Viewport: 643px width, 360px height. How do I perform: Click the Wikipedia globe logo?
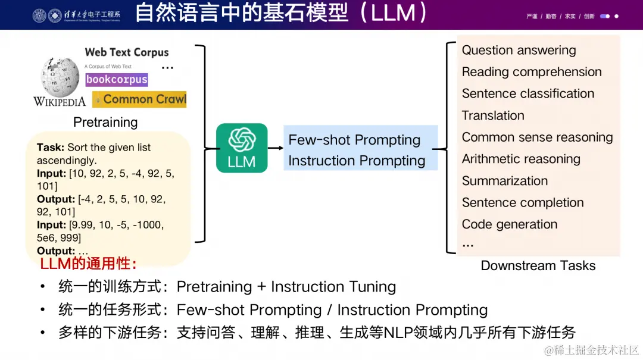[60, 78]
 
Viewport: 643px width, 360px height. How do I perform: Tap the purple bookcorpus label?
[117, 79]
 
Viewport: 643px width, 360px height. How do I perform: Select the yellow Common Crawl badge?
[140, 99]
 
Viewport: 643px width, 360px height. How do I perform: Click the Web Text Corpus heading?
[127, 52]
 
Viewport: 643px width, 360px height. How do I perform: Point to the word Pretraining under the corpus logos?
[105, 122]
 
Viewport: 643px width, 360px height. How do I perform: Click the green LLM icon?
[242, 148]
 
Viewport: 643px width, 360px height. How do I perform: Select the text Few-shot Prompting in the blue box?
[354, 140]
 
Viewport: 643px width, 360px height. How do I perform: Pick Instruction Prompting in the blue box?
[357, 161]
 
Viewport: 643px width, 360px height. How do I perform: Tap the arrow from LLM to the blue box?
[274, 148]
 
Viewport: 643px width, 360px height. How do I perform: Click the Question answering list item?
[519, 50]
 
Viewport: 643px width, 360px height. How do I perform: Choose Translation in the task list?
[493, 115]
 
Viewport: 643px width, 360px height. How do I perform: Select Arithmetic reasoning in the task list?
[521, 159]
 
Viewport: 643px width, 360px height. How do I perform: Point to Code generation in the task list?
[510, 224]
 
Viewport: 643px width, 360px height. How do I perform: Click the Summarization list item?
[504, 181]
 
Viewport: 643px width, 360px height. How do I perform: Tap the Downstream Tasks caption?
[538, 266]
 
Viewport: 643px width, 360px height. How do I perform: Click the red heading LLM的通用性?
[88, 264]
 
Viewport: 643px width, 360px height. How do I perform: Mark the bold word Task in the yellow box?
[50, 148]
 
